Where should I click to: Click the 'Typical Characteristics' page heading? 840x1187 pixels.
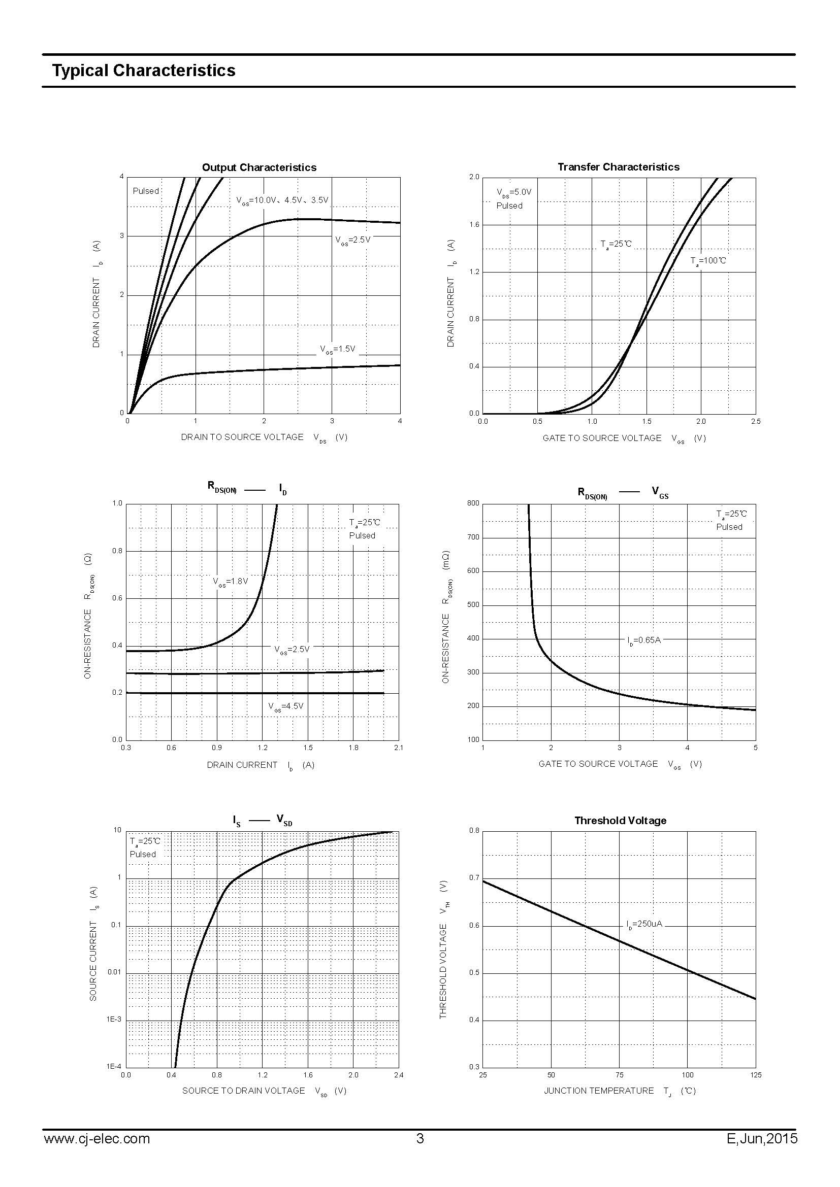(x=143, y=71)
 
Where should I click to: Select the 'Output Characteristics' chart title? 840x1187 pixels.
(x=259, y=167)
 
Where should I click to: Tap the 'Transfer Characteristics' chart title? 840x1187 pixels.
(x=618, y=167)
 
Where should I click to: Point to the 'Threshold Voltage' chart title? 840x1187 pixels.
(x=620, y=821)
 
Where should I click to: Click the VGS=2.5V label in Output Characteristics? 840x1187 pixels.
(x=353, y=240)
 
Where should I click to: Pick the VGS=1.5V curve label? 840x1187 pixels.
(x=338, y=349)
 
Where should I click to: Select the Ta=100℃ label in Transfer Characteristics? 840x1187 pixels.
(x=707, y=260)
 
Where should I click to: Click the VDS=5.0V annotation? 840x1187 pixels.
(x=513, y=192)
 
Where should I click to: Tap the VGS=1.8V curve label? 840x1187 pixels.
(x=231, y=582)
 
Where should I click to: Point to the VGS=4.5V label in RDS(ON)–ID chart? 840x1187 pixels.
(x=285, y=706)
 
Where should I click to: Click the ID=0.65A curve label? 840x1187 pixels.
(x=644, y=640)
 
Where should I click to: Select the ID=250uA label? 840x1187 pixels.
(x=644, y=924)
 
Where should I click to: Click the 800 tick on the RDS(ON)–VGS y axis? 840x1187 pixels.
(x=473, y=503)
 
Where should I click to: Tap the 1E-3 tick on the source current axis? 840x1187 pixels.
(x=114, y=1020)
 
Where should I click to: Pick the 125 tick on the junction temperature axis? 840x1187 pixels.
(x=755, y=1075)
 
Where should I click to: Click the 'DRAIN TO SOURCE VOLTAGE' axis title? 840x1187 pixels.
(x=242, y=437)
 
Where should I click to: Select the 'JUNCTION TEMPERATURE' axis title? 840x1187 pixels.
(x=598, y=1091)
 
